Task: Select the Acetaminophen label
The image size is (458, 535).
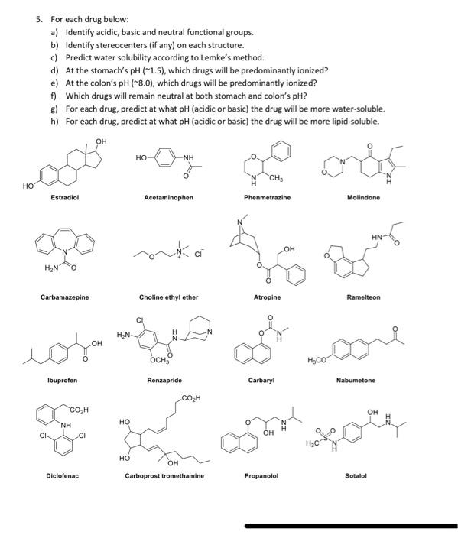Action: click(x=168, y=197)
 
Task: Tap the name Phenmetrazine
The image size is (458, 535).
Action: click(x=267, y=197)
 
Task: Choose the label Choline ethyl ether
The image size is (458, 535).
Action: click(x=169, y=297)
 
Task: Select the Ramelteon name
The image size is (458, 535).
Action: click(x=363, y=297)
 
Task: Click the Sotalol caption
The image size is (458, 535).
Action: click(x=356, y=476)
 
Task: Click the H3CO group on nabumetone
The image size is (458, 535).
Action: click(x=317, y=361)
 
